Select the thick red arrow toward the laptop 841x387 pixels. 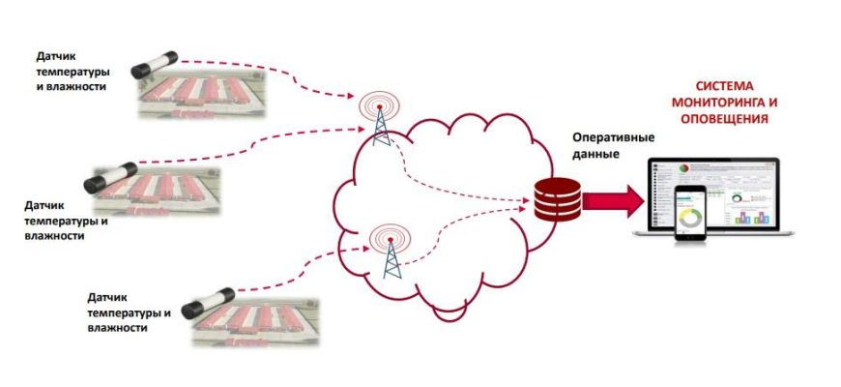612,199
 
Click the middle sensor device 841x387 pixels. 114,179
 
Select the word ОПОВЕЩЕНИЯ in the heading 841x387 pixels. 722,120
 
